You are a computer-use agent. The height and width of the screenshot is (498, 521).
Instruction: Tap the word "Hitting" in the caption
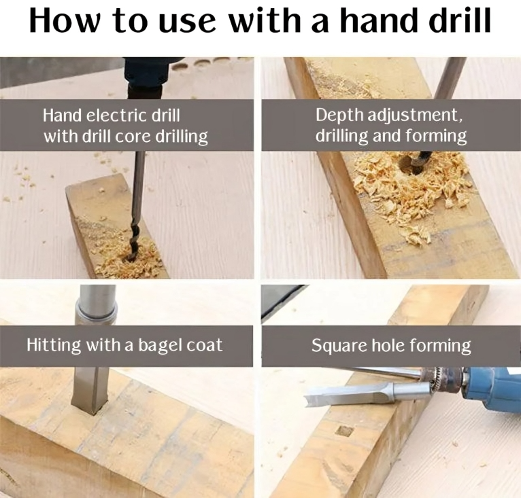coord(54,345)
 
